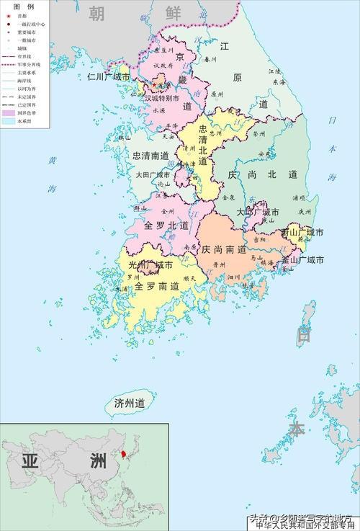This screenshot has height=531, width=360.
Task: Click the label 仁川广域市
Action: coord(108,76)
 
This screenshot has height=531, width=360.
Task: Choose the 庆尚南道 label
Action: coord(225,249)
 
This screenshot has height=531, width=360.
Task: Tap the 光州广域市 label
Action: coord(150,265)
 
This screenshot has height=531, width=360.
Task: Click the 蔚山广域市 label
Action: coord(302,233)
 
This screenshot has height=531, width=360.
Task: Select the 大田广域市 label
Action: coord(153,174)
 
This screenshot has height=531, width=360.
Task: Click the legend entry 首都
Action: coord(22,16)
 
